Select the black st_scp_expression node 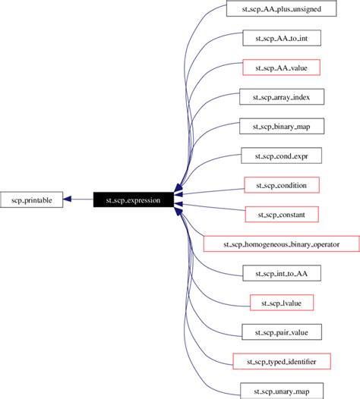[133, 199]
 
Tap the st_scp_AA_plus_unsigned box [281, 8]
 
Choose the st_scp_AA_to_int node [281, 37]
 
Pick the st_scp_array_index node [281, 96]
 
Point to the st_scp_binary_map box [281, 126]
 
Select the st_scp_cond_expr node [281, 156]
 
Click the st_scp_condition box [281, 185]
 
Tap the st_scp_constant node [281, 215]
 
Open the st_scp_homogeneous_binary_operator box [281, 244]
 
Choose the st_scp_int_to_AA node [281, 273]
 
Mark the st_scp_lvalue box [281, 303]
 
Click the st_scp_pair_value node [281, 332]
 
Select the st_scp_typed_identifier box [281, 362]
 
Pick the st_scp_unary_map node [281, 391]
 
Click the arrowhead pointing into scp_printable [68, 199]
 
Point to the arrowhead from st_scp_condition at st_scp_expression [179, 194]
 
